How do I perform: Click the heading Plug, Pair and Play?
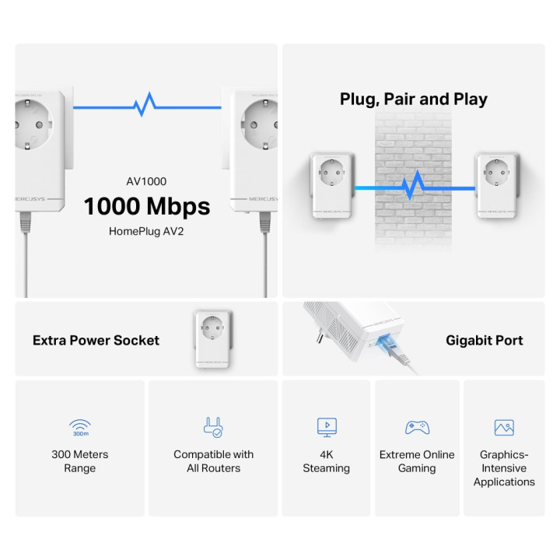click(x=413, y=99)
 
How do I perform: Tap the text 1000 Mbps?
click(x=147, y=206)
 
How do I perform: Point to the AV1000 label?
click(x=147, y=181)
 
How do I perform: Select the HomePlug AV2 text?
click(x=147, y=231)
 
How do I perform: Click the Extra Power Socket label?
click(x=96, y=340)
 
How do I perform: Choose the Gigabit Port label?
click(x=484, y=340)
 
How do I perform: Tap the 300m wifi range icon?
click(x=80, y=427)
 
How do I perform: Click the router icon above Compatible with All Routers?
click(x=213, y=426)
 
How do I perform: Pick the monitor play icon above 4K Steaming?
click(x=327, y=426)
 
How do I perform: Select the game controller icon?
click(x=417, y=427)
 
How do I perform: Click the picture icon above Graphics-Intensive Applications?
click(x=504, y=427)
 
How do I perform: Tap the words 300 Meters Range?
click(x=80, y=461)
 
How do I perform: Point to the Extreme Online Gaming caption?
click(x=417, y=461)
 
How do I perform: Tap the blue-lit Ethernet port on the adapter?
click(x=387, y=343)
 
